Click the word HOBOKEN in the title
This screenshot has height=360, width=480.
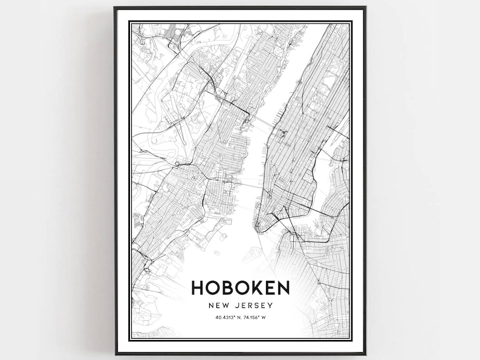(x=240, y=287)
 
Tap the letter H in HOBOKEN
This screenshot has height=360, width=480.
(x=198, y=287)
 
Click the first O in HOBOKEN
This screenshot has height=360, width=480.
(x=213, y=287)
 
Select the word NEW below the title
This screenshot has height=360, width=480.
(x=219, y=306)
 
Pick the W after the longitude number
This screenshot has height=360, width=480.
(x=272, y=318)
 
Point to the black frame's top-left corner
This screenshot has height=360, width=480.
(x=115, y=8)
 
